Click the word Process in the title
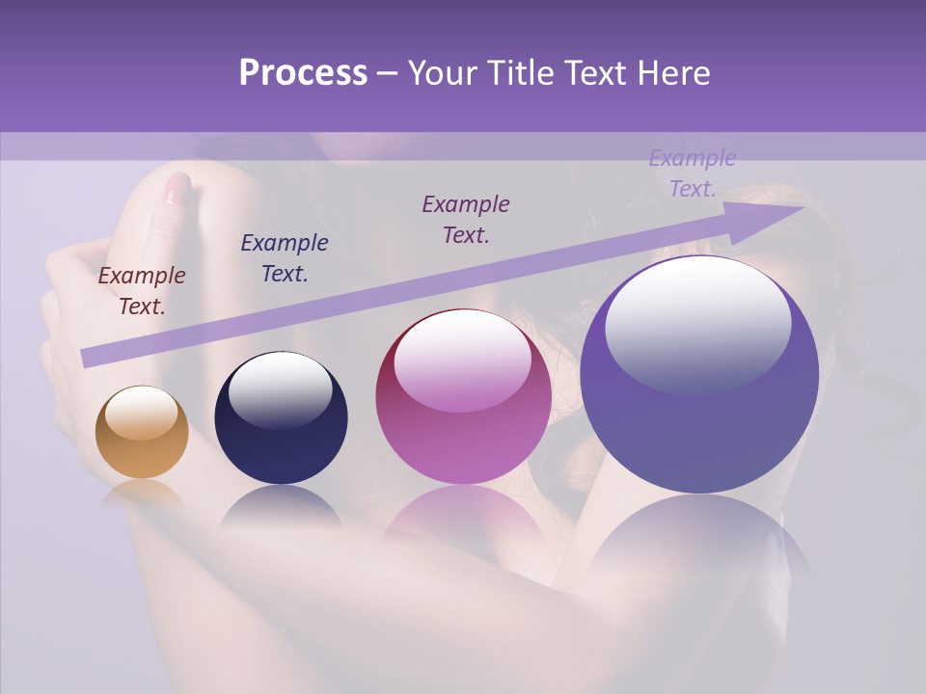[303, 73]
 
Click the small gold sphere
[142, 433]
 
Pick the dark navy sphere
[281, 418]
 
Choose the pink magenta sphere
[463, 397]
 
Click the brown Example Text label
[142, 290]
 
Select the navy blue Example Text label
[285, 257]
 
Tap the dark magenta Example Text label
[466, 219]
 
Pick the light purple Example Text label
[693, 173]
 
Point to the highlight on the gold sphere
[141, 413]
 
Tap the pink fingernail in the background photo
[177, 188]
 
